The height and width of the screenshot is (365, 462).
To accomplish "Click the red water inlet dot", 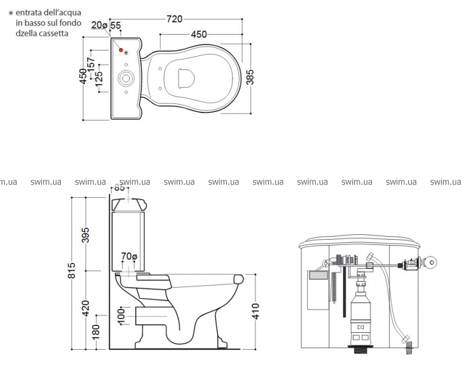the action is point(121,50).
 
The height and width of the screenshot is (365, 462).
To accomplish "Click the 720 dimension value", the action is point(174,19).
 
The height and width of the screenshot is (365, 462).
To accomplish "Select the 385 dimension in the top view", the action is point(250,77).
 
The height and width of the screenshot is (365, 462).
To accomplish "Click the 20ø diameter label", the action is point(99,25).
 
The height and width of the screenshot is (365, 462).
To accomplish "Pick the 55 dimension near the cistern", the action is point(116,26).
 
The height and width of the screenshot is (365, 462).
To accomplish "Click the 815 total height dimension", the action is point(71,270).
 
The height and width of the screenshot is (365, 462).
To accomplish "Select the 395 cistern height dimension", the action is point(85,235).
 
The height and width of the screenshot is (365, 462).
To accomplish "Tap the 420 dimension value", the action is point(85,308).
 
